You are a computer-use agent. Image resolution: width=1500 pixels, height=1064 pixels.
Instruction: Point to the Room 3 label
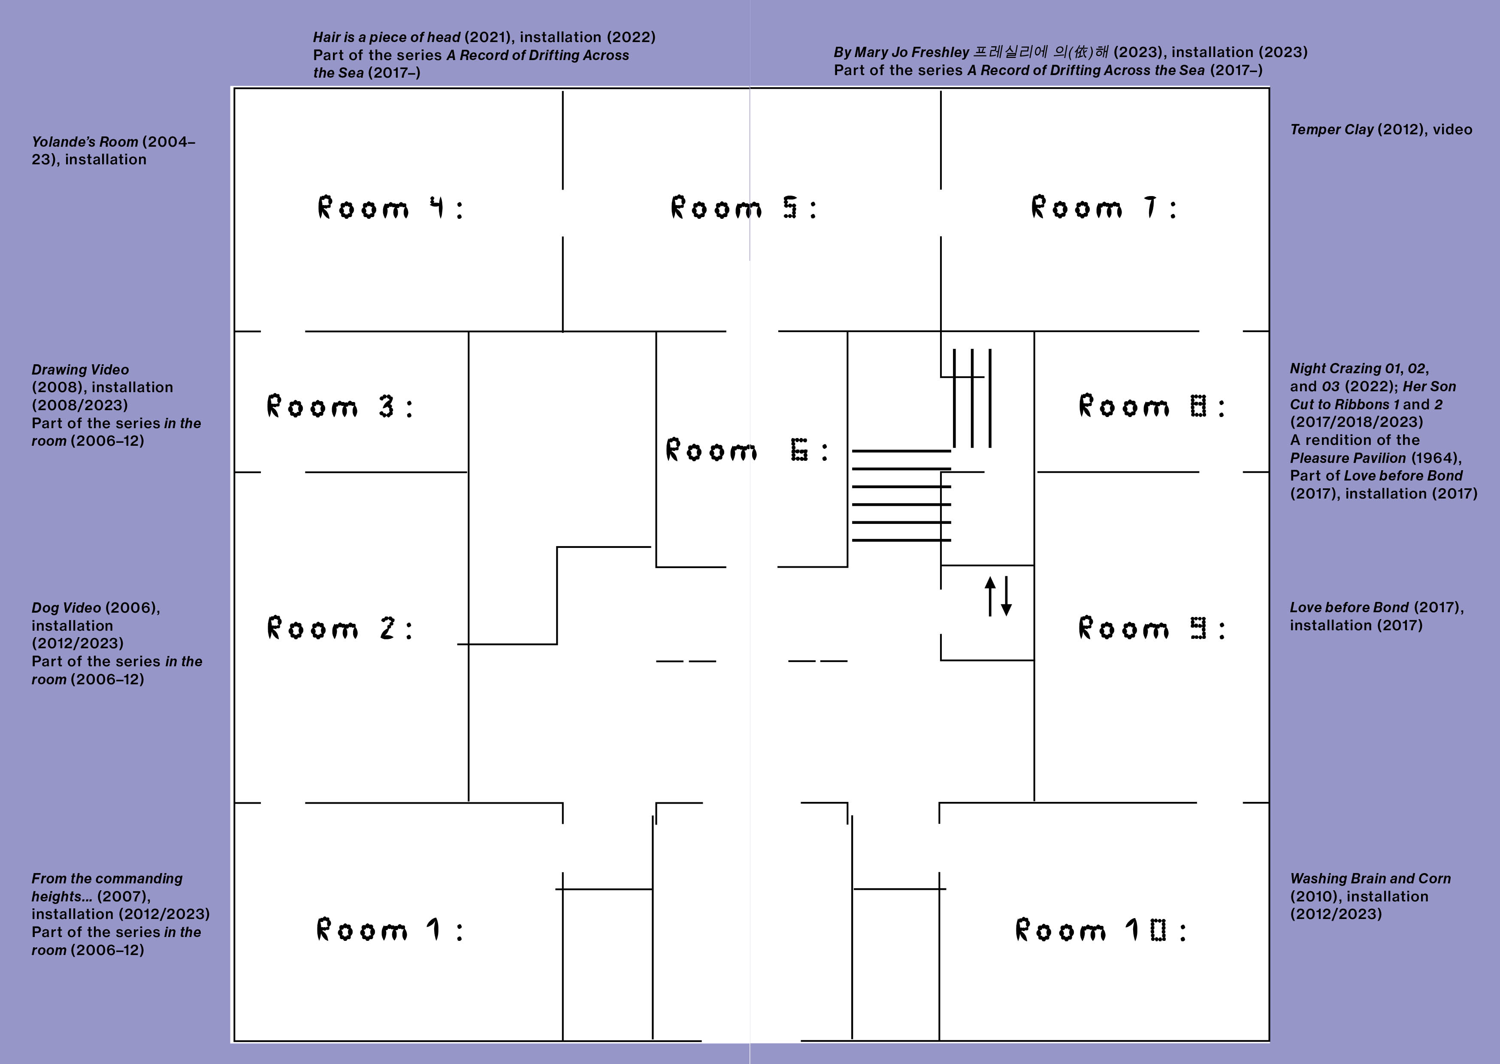[340, 406]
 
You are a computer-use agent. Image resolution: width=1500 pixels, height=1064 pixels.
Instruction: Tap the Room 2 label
[340, 628]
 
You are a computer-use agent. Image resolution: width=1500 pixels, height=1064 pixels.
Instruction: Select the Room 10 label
[1101, 930]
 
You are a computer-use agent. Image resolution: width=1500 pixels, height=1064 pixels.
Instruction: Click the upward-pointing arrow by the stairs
[990, 596]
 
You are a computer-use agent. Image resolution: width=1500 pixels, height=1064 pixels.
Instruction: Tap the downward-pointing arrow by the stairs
[1006, 596]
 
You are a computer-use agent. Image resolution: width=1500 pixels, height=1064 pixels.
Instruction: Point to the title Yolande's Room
[85, 142]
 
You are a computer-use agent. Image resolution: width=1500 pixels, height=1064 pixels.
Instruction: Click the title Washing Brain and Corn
[1370, 879]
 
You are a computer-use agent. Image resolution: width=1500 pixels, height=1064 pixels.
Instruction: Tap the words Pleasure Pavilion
[1348, 458]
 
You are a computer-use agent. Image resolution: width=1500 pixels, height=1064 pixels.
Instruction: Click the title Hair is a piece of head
[387, 37]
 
